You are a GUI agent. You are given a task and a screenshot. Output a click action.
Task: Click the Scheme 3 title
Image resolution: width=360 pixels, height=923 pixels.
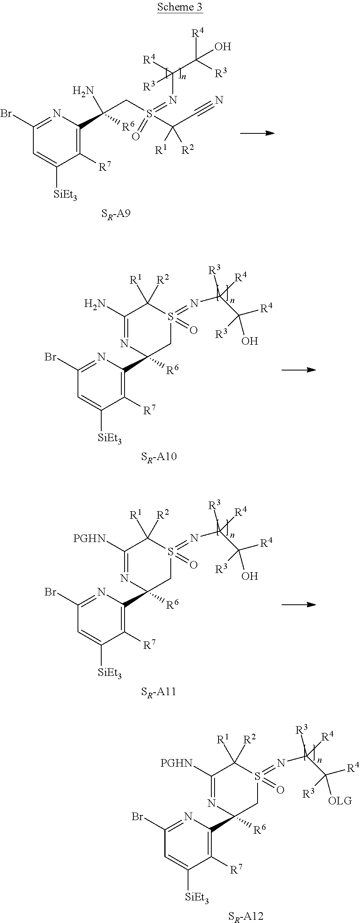pyautogui.click(x=180, y=7)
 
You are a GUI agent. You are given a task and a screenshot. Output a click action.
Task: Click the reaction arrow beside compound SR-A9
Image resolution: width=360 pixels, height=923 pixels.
pyautogui.click(x=257, y=133)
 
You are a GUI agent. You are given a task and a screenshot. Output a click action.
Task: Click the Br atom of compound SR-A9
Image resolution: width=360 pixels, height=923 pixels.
pyautogui.click(x=6, y=114)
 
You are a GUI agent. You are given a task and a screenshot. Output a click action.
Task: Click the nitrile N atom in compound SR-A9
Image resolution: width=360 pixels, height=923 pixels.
pyautogui.click(x=219, y=100)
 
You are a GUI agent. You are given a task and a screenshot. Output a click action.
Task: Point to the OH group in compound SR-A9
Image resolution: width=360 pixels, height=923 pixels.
pyautogui.click(x=223, y=47)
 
